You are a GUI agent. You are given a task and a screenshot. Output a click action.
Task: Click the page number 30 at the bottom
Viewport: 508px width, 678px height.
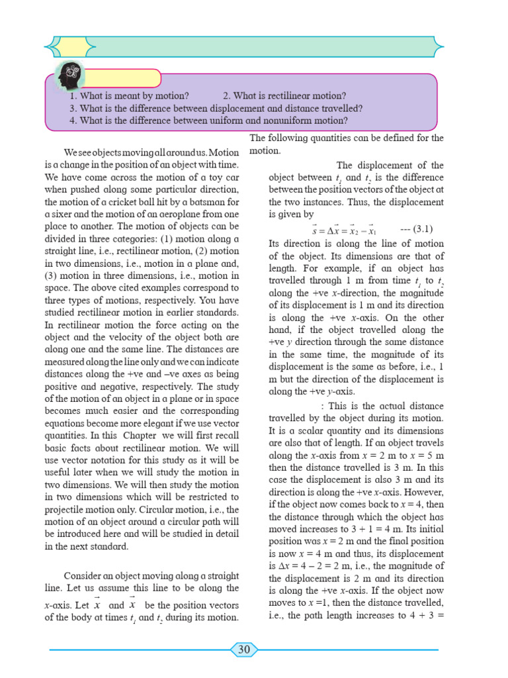pos(244,650)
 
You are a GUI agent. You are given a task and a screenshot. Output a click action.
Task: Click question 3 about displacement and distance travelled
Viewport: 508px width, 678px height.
pos(216,109)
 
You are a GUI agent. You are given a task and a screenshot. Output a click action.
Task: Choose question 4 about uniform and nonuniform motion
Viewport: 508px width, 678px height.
pos(208,121)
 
